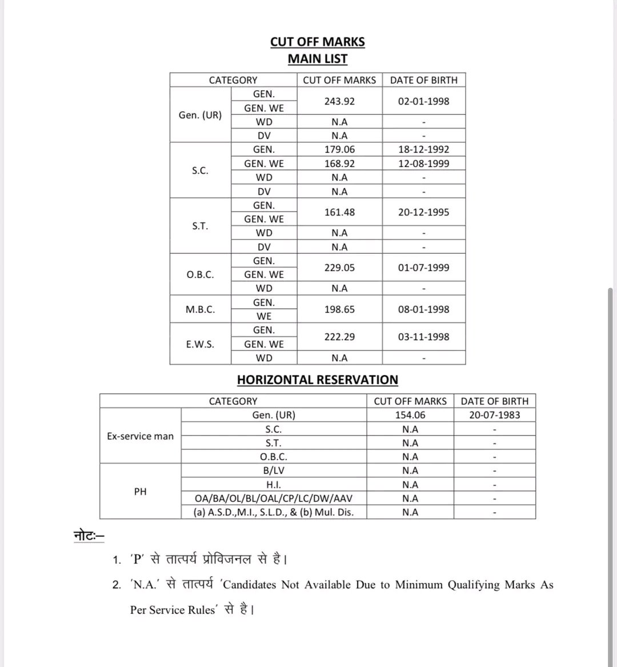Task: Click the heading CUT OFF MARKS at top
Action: pyautogui.click(x=317, y=42)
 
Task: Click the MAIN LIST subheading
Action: pyautogui.click(x=317, y=59)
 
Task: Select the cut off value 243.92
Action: pyautogui.click(x=339, y=101)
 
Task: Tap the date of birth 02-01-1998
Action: pyautogui.click(x=423, y=101)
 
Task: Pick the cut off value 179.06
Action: pyautogui.click(x=339, y=149)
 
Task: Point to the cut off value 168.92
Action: pyautogui.click(x=339, y=163)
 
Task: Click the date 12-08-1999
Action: pyautogui.click(x=423, y=163)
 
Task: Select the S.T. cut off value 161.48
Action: pyautogui.click(x=339, y=212)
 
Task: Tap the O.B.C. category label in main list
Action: pyautogui.click(x=200, y=274)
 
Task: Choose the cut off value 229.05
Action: pyautogui.click(x=339, y=267)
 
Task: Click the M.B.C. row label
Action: pyautogui.click(x=200, y=309)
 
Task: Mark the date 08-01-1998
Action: pyautogui.click(x=423, y=309)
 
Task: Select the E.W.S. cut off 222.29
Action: pyautogui.click(x=339, y=337)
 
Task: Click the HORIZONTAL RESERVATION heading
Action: pyautogui.click(x=317, y=380)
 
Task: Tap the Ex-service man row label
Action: pyautogui.click(x=140, y=436)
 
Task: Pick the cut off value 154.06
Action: pyautogui.click(x=410, y=415)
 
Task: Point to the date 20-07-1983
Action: pyautogui.click(x=494, y=415)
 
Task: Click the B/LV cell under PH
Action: pyautogui.click(x=273, y=470)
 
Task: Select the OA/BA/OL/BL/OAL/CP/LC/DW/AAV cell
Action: pyautogui.click(x=273, y=498)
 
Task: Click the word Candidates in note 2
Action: pyautogui.click(x=249, y=585)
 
